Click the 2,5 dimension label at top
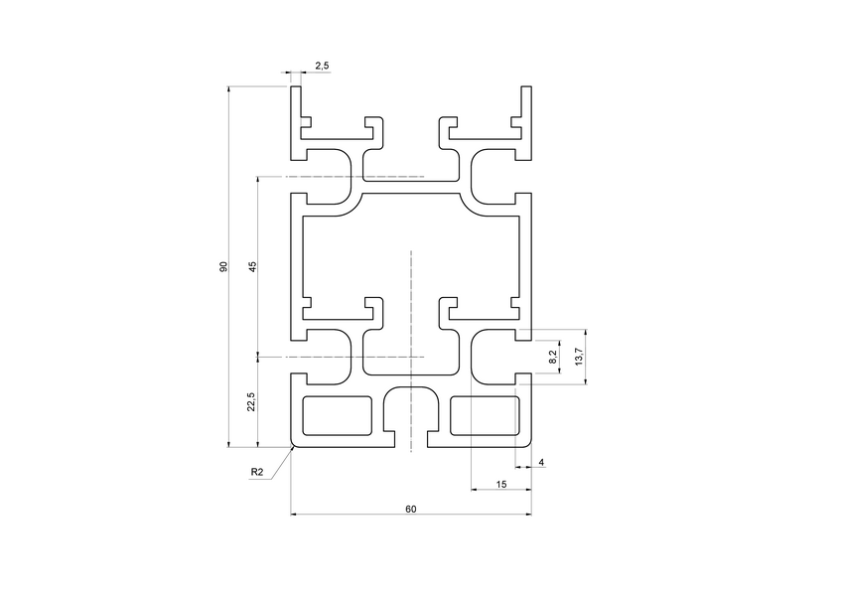click(322, 66)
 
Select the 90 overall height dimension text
click(223, 266)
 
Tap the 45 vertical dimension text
click(252, 266)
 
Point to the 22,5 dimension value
click(252, 400)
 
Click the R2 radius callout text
click(257, 472)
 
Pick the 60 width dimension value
click(410, 508)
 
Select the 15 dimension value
click(500, 484)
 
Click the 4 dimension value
click(541, 463)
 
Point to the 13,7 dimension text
click(579, 356)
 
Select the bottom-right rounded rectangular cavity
click(486, 415)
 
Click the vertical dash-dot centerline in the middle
click(410, 298)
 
